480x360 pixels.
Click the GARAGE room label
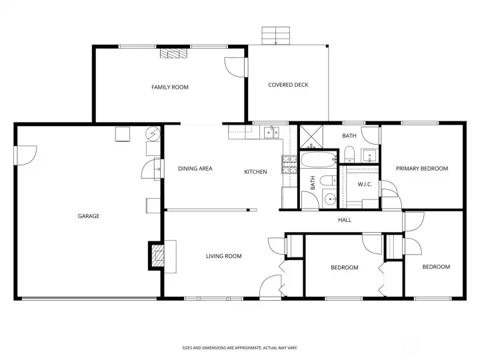[89, 216]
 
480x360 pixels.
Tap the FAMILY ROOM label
[170, 87]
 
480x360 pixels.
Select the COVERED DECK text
[288, 85]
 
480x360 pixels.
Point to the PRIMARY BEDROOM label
[422, 169]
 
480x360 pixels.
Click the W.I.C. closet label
[365, 184]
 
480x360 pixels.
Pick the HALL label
[345, 220]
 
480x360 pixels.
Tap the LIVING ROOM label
[224, 256]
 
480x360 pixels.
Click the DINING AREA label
[195, 169]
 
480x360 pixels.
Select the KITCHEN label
[255, 172]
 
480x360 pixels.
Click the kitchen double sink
[271, 132]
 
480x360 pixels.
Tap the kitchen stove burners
[289, 165]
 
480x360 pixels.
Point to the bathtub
[319, 159]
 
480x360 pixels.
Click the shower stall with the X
[311, 136]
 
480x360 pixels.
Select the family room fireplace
[173, 53]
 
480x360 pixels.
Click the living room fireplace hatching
[158, 255]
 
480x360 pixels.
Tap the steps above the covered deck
[275, 35]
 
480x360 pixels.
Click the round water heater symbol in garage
[153, 134]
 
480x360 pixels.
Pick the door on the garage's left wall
[26, 155]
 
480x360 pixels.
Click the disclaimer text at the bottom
[240, 348]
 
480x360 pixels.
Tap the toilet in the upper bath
[349, 154]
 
